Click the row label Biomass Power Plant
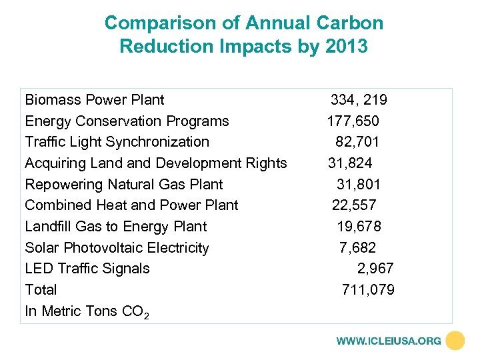click(94, 100)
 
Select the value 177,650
click(353, 121)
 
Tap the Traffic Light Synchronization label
click(117, 142)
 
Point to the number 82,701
click(357, 142)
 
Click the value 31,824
click(350, 163)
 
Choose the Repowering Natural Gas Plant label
click(123, 185)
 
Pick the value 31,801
click(358, 185)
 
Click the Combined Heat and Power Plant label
click(131, 205)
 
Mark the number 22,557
click(355, 205)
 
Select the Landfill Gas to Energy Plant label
click(115, 227)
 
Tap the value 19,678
click(359, 227)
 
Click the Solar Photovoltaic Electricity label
click(117, 248)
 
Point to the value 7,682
click(357, 248)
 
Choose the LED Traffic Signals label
click(87, 269)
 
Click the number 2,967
click(375, 269)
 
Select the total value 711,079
click(368, 290)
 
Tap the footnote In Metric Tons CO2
click(87, 311)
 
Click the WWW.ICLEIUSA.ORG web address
click(389, 341)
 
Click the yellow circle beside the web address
click(455, 341)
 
